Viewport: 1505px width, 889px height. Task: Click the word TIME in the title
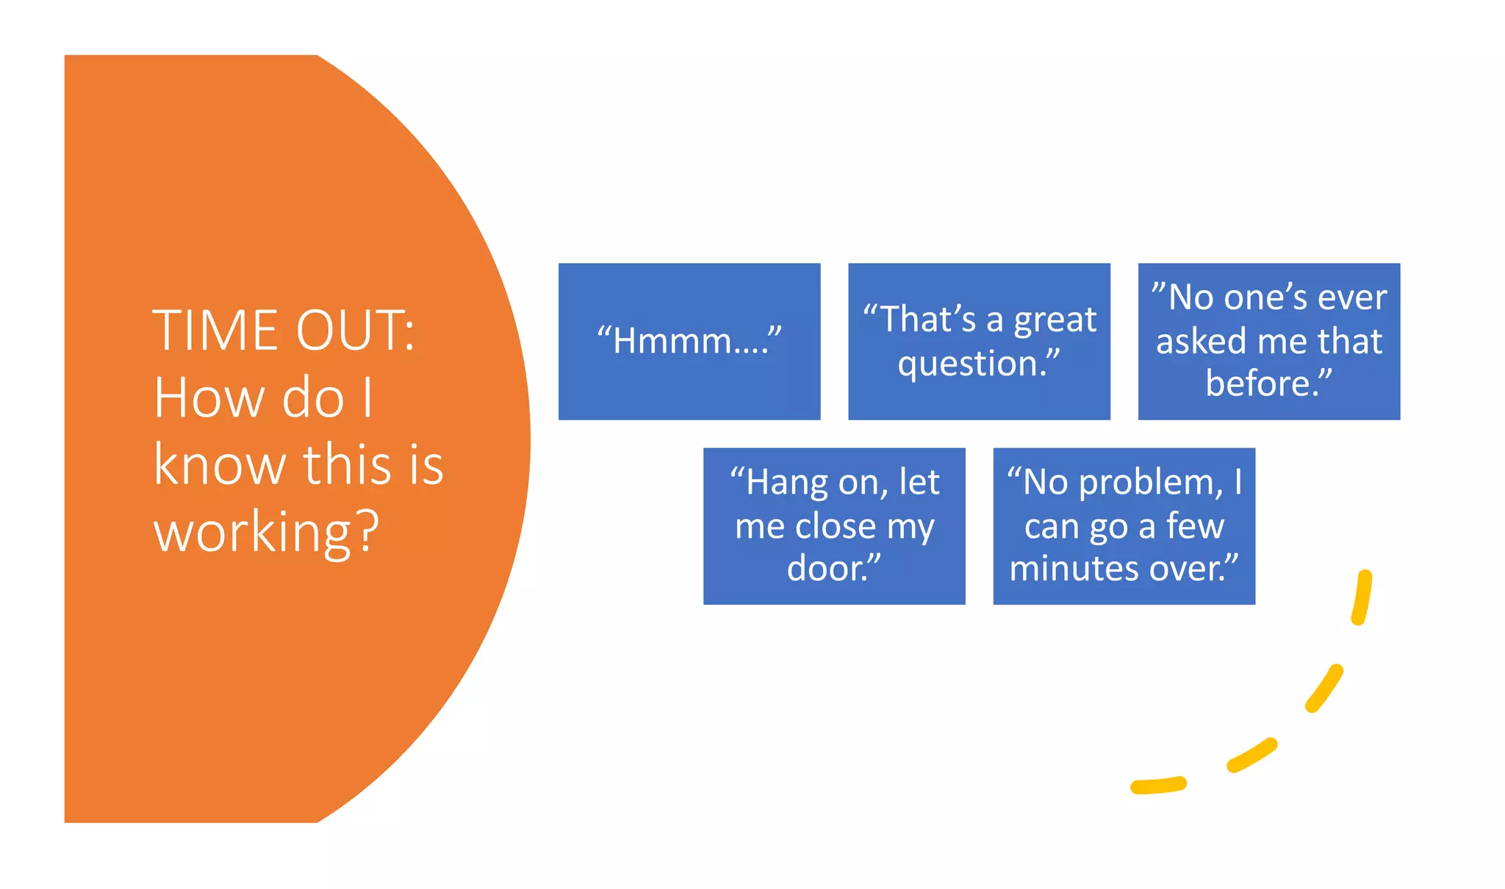point(217,331)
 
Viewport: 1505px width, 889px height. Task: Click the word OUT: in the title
point(355,331)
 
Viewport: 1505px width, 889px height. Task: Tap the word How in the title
point(209,398)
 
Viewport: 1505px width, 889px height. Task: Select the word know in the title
point(219,465)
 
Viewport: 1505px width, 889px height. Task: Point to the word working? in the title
point(266,533)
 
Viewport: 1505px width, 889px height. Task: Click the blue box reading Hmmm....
point(689,341)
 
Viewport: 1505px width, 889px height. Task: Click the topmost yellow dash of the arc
point(1362,597)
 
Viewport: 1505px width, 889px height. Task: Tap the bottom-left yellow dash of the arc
point(1158,786)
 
